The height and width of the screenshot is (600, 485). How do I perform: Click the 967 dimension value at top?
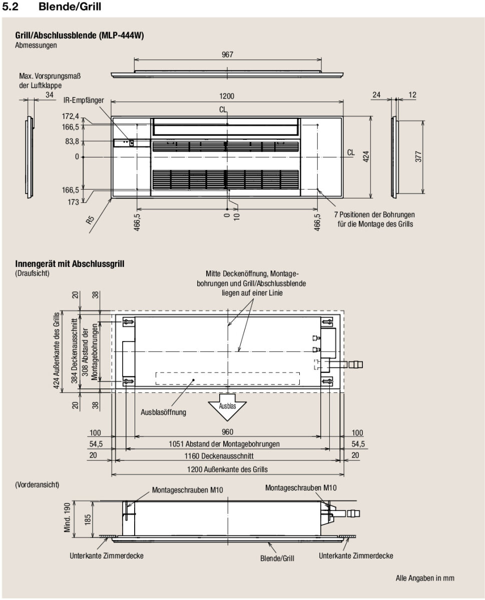point(227,54)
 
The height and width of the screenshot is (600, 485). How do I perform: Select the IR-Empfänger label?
point(83,100)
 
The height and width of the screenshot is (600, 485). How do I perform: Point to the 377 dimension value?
point(419,156)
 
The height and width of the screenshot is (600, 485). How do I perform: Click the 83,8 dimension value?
point(72,141)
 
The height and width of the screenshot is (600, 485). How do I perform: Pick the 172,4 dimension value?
point(71,116)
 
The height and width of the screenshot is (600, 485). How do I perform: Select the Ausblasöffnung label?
point(163,412)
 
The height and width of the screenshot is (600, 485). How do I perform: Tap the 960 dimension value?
point(227,432)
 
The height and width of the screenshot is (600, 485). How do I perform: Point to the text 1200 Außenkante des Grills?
point(227,469)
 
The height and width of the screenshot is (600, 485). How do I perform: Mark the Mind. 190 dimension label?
point(67,518)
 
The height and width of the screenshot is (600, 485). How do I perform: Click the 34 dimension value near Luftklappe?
point(50,94)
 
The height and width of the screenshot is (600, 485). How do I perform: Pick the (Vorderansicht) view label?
point(38,484)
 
